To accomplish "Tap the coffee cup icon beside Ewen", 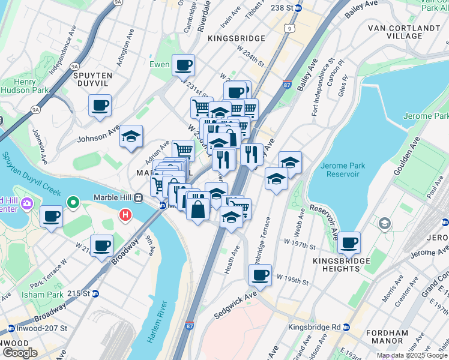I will coord(183,65).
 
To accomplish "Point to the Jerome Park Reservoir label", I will coord(340,170).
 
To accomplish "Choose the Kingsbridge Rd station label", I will coord(318,327).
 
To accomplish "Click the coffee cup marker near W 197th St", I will coord(349,243).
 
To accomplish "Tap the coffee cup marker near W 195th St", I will coord(260,275).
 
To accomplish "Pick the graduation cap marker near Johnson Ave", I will coord(131,136).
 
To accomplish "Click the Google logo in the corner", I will coord(20,353).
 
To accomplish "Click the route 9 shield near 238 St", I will coord(290,28).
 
